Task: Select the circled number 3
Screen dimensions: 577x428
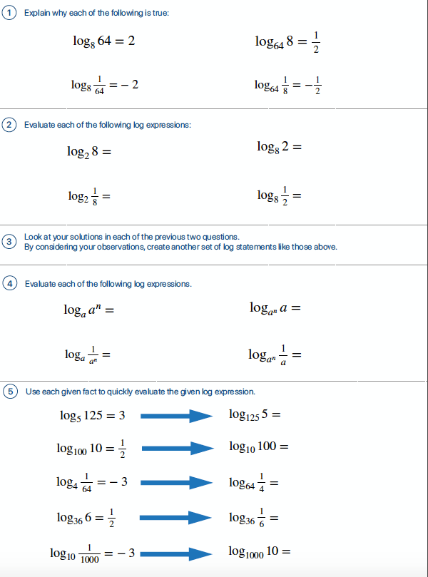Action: click(9, 242)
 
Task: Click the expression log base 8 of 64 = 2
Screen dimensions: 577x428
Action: click(103, 41)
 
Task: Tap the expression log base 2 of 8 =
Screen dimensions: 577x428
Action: click(89, 152)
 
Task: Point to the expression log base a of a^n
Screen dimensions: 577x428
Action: click(88, 310)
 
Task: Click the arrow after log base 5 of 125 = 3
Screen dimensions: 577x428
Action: click(177, 416)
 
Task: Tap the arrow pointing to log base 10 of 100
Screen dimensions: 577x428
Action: click(177, 448)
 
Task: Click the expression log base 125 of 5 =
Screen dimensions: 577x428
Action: click(255, 414)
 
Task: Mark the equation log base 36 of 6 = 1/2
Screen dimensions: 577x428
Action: click(86, 518)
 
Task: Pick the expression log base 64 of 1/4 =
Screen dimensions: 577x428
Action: click(253, 483)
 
